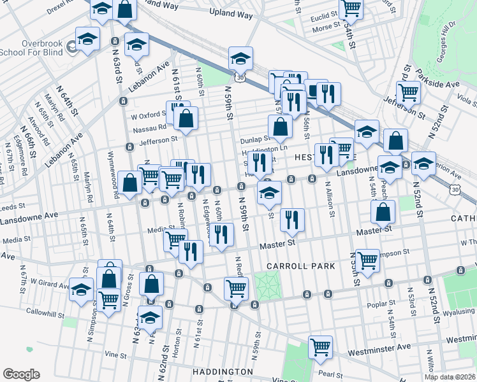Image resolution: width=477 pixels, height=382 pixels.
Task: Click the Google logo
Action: pos(20,374)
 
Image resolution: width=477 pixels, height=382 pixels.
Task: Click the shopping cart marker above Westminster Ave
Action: pos(320,347)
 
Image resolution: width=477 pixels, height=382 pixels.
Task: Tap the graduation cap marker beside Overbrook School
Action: pos(87,38)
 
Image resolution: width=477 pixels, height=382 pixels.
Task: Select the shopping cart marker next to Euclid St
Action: pos(350,8)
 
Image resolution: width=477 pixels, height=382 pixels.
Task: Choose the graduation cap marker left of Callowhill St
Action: pos(81,290)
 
